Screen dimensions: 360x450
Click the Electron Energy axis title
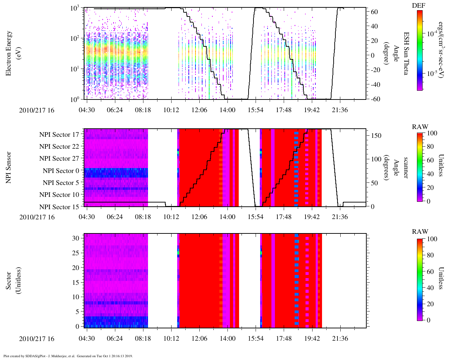(9, 53)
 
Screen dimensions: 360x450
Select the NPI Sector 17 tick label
(59, 135)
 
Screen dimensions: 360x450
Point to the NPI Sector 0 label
(61, 171)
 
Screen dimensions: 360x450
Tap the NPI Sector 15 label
(59, 207)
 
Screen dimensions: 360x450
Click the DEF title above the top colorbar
(419, 5)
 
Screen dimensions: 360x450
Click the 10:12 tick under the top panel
(171, 110)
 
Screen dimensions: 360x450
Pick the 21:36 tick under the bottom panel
(340, 339)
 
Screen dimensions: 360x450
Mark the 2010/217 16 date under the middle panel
(37, 217)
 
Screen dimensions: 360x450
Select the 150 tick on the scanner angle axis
(377, 136)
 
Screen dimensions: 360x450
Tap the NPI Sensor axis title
(9, 167)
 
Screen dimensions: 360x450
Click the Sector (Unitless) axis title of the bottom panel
(13, 281)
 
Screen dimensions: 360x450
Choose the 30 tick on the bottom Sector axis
(76, 238)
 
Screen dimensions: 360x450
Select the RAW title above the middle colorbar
(420, 127)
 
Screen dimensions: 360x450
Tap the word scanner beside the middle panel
(405, 168)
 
